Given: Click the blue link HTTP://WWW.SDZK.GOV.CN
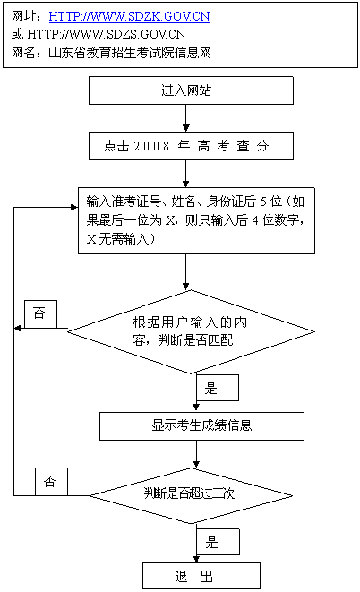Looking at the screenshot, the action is pos(129,16).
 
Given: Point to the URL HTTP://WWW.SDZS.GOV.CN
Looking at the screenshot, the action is pos(107,34).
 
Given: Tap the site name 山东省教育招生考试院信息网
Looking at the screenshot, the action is pos(130,53).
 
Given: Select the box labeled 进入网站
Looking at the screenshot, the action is pos(191,90).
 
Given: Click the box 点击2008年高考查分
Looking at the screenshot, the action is pos(191,146).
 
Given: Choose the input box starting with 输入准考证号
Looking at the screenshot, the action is pos(196,220).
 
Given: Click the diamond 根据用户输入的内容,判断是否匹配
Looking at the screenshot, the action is pos(191,332).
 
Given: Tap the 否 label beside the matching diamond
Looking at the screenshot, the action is pos(41,314).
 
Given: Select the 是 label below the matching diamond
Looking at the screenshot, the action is pos(218,388).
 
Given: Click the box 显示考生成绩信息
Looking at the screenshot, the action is pos(201,426).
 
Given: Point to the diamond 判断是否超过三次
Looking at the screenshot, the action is pos(191,496).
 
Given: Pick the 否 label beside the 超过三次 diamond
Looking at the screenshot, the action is pos(51,482).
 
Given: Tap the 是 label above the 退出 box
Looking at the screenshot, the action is pos(219,542).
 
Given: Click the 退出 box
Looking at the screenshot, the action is pos(201,576).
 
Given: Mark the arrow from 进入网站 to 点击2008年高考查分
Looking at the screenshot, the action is pos(185,118).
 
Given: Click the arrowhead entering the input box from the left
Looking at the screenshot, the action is pos(74,207).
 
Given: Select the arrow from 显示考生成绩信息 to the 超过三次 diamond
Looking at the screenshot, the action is pos(196,454).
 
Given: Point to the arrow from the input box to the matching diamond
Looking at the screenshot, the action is pos(185,272).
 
